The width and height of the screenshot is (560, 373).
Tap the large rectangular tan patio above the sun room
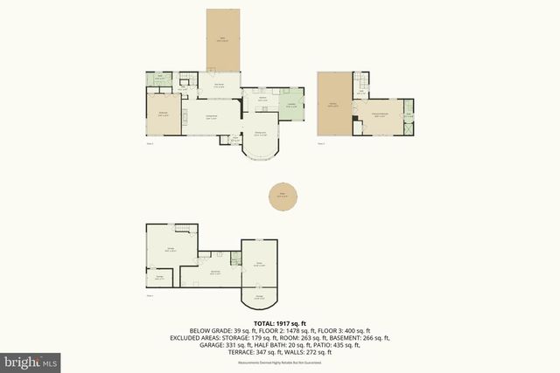222,39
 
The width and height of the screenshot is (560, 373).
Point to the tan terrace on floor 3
333,104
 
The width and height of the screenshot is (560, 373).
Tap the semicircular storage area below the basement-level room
259,297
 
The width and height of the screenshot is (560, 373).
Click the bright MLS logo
31,360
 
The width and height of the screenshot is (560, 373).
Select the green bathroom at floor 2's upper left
160,79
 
